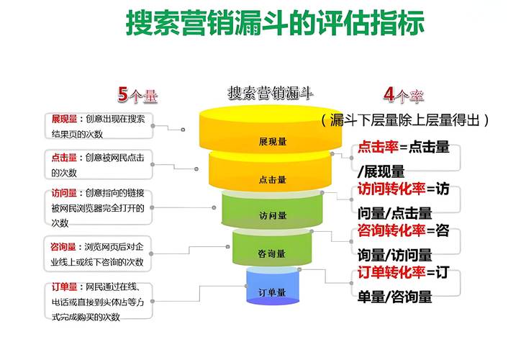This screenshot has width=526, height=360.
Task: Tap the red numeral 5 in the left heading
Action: click(x=123, y=94)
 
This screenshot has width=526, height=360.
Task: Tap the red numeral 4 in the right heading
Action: click(x=389, y=94)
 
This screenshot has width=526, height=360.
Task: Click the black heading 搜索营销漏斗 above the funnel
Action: click(x=271, y=93)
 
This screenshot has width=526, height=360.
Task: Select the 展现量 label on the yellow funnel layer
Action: click(x=273, y=141)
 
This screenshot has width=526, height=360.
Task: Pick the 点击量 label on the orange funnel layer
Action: click(x=273, y=179)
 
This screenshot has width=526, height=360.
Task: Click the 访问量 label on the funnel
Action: click(x=273, y=215)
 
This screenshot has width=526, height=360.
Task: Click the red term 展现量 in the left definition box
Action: click(x=63, y=119)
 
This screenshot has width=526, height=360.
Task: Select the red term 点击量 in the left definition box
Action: click(x=63, y=157)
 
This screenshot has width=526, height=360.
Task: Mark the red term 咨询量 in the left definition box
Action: click(x=63, y=247)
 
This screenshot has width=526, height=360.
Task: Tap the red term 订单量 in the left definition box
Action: click(x=63, y=287)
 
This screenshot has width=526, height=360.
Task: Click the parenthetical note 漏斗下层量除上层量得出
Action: click(x=407, y=120)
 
